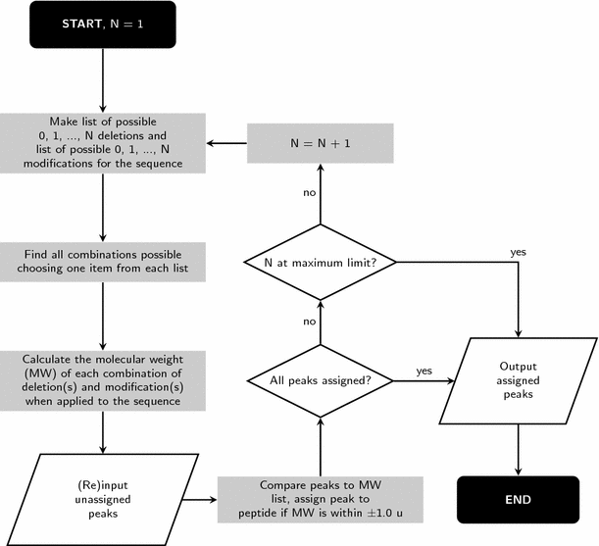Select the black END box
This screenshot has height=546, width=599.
pyautogui.click(x=517, y=499)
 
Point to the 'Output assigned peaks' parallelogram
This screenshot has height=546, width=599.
pyautogui.click(x=517, y=380)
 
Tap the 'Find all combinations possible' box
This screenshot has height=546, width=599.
pyautogui.click(x=103, y=262)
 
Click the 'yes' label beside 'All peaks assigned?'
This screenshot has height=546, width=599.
pyautogui.click(x=424, y=371)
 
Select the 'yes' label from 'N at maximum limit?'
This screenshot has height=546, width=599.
pyautogui.click(x=518, y=252)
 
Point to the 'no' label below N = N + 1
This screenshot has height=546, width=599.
pyautogui.click(x=309, y=192)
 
